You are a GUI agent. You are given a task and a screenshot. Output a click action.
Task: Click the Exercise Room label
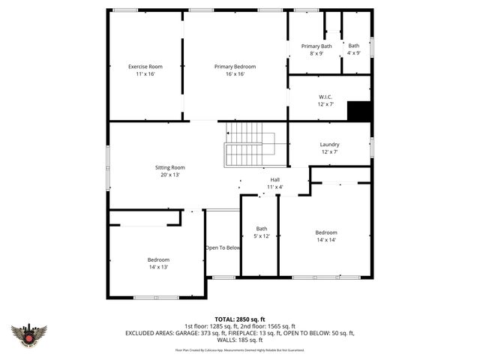click(x=145, y=67)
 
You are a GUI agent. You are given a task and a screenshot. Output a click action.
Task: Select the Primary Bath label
click(x=316, y=46)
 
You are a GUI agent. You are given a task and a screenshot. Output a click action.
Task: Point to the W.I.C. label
click(x=325, y=97)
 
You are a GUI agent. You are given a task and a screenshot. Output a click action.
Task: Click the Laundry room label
click(x=329, y=145)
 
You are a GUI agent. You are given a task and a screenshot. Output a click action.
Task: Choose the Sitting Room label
click(x=169, y=167)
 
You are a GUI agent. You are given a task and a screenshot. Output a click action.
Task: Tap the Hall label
click(x=275, y=179)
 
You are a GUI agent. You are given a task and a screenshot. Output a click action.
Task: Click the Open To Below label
click(x=223, y=247)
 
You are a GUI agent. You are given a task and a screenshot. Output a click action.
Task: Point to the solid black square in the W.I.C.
click(x=359, y=110)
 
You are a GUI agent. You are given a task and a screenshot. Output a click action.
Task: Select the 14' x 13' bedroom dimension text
click(x=158, y=267)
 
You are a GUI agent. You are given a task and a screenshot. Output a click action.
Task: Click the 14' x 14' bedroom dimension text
click(x=325, y=240)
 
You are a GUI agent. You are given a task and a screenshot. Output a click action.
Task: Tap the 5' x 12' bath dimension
click(x=261, y=236)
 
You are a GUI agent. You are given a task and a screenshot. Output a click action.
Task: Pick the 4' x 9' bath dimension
click(x=353, y=53)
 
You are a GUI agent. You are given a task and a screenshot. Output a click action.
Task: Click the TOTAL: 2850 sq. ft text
click(x=240, y=319)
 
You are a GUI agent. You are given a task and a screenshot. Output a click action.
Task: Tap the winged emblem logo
click(x=29, y=334)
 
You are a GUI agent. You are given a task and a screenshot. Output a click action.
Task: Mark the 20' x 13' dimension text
click(x=169, y=175)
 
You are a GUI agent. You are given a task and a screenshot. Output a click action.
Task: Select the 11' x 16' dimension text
click(x=145, y=74)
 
